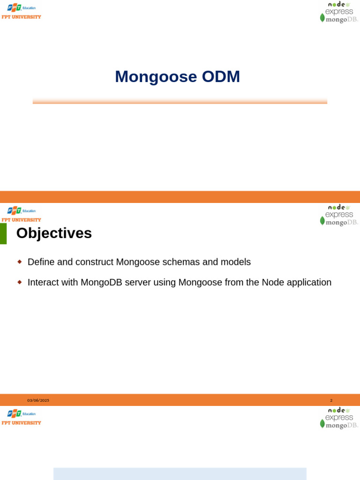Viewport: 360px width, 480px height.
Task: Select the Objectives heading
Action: [54, 233]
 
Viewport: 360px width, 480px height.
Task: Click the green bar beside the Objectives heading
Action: [3, 233]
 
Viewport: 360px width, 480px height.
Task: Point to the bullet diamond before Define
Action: [20, 262]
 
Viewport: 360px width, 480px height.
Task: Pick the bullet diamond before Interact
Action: [20, 282]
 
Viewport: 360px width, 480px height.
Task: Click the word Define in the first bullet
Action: [41, 262]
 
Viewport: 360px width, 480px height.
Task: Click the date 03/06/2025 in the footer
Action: [38, 400]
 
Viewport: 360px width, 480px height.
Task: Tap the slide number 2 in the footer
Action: [331, 400]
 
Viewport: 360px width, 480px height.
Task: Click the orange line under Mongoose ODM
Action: [180, 101]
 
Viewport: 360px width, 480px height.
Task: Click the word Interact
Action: [45, 282]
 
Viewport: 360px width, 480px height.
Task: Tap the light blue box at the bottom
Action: [180, 473]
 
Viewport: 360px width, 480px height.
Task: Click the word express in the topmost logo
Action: [339, 11]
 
